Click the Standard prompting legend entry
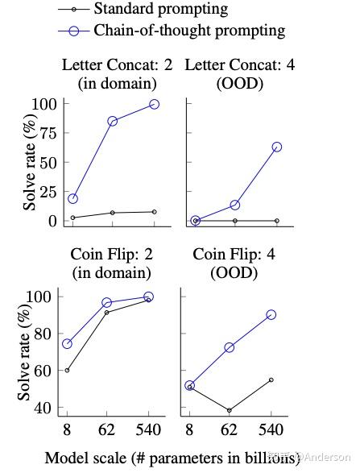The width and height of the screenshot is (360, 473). [160, 10]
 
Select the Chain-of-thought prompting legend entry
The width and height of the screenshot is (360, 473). [189, 31]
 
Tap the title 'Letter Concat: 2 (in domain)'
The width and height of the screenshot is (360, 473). [117, 73]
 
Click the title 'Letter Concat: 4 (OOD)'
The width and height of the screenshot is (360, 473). [240, 73]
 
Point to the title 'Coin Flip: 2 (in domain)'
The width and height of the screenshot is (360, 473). [112, 263]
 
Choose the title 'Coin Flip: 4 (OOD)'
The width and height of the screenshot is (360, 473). [234, 263]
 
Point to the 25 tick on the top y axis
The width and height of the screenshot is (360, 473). [47, 192]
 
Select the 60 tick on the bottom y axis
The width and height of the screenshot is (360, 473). [47, 371]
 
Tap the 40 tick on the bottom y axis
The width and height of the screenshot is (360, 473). [47, 408]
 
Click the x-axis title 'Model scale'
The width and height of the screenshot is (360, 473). [172, 458]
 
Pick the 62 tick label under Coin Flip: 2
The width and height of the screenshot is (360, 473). [107, 429]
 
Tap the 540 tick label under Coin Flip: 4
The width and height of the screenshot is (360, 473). [271, 429]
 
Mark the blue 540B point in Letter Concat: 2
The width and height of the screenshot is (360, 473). [154, 104]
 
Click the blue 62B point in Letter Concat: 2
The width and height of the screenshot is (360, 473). [113, 121]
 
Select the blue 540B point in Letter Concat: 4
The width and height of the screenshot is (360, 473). [276, 147]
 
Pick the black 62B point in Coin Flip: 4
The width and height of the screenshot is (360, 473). [230, 410]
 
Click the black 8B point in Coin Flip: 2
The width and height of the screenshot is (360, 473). [67, 370]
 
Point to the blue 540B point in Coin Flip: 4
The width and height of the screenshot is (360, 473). [271, 314]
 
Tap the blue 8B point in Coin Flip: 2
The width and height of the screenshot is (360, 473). [67, 343]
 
